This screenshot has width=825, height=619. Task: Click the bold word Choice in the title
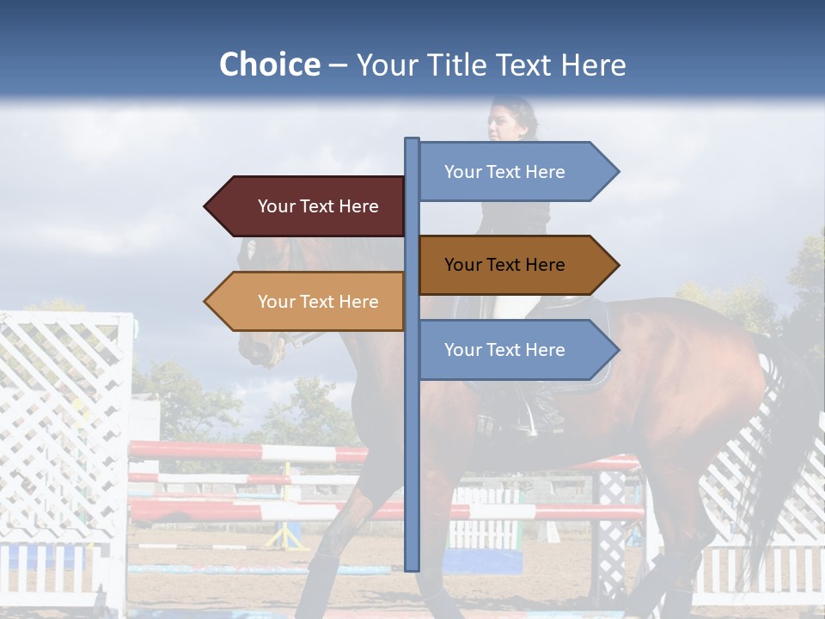tap(269, 64)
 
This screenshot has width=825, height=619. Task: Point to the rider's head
tap(510, 121)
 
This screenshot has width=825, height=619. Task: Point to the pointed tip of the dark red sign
tap(207, 206)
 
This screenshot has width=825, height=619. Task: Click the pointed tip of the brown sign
tap(616, 265)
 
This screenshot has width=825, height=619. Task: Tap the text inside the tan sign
tap(318, 302)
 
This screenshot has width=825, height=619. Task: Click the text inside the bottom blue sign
tap(504, 350)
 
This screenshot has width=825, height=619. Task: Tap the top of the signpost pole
tap(412, 140)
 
